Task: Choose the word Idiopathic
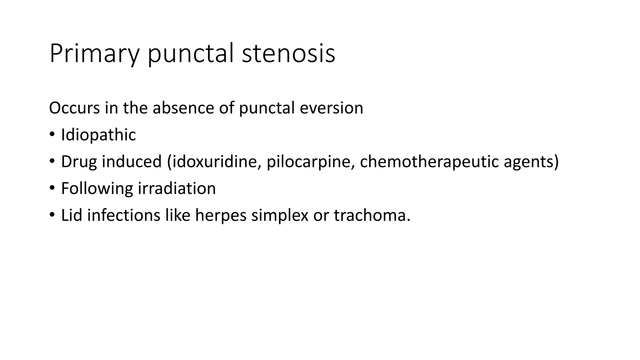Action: click(x=98, y=135)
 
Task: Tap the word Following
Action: click(x=97, y=189)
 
